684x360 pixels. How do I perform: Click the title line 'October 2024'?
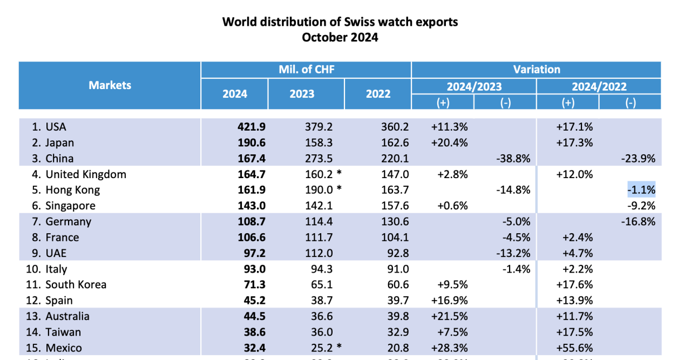pos(340,37)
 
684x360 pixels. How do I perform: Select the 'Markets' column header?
pos(110,85)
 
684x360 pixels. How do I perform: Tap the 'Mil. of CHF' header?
pos(306,69)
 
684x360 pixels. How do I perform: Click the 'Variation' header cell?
pos(536,69)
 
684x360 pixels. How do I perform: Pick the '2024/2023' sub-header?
pos(474,86)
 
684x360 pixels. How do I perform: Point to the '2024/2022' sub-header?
pos(599,86)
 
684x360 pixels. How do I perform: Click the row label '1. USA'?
pos(49,127)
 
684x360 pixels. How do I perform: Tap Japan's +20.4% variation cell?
pos(449,142)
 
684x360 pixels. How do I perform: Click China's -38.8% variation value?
pos(512,159)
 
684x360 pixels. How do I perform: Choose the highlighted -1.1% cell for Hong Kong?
pos(641,190)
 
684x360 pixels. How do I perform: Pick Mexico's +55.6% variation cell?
pos(575,348)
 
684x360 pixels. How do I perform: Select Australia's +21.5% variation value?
pos(449,316)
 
